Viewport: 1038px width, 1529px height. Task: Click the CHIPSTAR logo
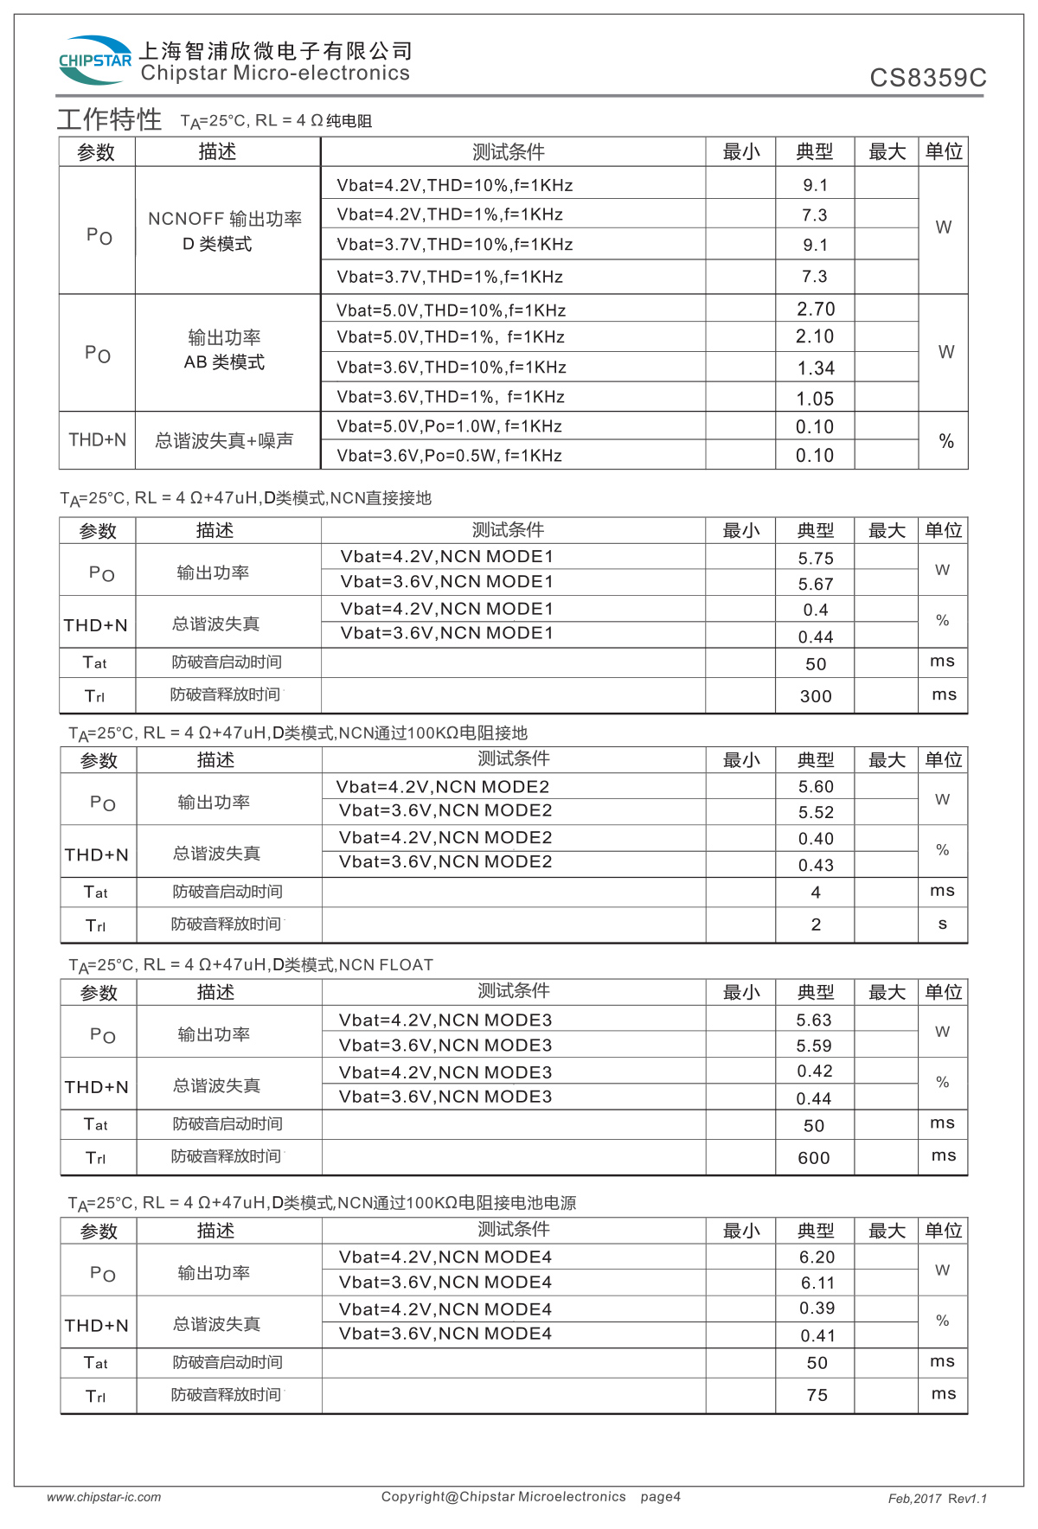pyautogui.click(x=94, y=60)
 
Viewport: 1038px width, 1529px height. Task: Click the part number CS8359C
pyautogui.click(x=927, y=78)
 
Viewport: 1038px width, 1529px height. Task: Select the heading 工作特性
pyautogui.click(x=109, y=119)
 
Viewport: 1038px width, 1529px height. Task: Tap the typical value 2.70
pyautogui.click(x=816, y=309)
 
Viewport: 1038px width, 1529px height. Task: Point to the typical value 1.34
pyautogui.click(x=816, y=368)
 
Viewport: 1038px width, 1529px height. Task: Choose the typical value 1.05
pyautogui.click(x=816, y=399)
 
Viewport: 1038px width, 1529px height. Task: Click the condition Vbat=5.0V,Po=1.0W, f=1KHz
pyautogui.click(x=449, y=426)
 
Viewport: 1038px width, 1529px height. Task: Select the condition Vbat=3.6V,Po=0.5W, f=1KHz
pyautogui.click(x=449, y=456)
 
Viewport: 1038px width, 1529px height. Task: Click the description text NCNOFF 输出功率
pyautogui.click(x=225, y=219)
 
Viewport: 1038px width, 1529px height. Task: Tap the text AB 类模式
pyautogui.click(x=224, y=362)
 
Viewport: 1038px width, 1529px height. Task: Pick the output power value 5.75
pyautogui.click(x=816, y=559)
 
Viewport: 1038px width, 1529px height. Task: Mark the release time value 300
pyautogui.click(x=816, y=696)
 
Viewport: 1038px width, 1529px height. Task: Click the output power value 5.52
pyautogui.click(x=816, y=812)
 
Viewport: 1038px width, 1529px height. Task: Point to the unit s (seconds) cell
pyautogui.click(x=942, y=924)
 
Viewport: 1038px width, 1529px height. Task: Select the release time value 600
pyautogui.click(x=814, y=1158)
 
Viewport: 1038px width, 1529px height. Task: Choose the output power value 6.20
pyautogui.click(x=817, y=1257)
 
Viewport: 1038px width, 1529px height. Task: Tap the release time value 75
pyautogui.click(x=817, y=1395)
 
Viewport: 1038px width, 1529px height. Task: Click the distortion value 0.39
pyautogui.click(x=817, y=1308)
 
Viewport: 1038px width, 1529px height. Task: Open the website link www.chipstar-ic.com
pyautogui.click(x=104, y=1497)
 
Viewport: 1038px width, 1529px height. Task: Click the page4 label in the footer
pyautogui.click(x=660, y=1496)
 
